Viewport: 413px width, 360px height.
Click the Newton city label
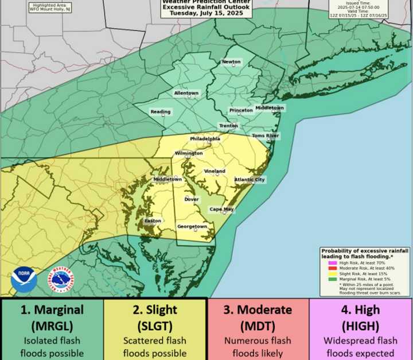[232, 62]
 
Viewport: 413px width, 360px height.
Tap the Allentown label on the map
[186, 93]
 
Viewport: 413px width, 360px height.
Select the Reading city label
[160, 111]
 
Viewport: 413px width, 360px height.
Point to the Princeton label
[241, 110]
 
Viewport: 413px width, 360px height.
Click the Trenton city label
[228, 126]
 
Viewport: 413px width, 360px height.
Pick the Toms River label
[265, 136]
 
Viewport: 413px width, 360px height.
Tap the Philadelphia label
[205, 139]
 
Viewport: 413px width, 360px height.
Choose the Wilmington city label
[189, 153]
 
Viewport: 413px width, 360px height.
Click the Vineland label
[215, 171]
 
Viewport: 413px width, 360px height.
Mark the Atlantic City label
[250, 180]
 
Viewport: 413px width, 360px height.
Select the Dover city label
[191, 199]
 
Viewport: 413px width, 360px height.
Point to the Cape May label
[221, 210]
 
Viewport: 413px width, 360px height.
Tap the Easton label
[153, 221]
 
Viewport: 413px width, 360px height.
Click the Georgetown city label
[192, 227]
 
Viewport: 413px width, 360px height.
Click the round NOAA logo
[24, 280]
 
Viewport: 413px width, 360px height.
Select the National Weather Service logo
[60, 280]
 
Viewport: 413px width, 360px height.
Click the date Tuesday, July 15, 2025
[207, 13]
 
